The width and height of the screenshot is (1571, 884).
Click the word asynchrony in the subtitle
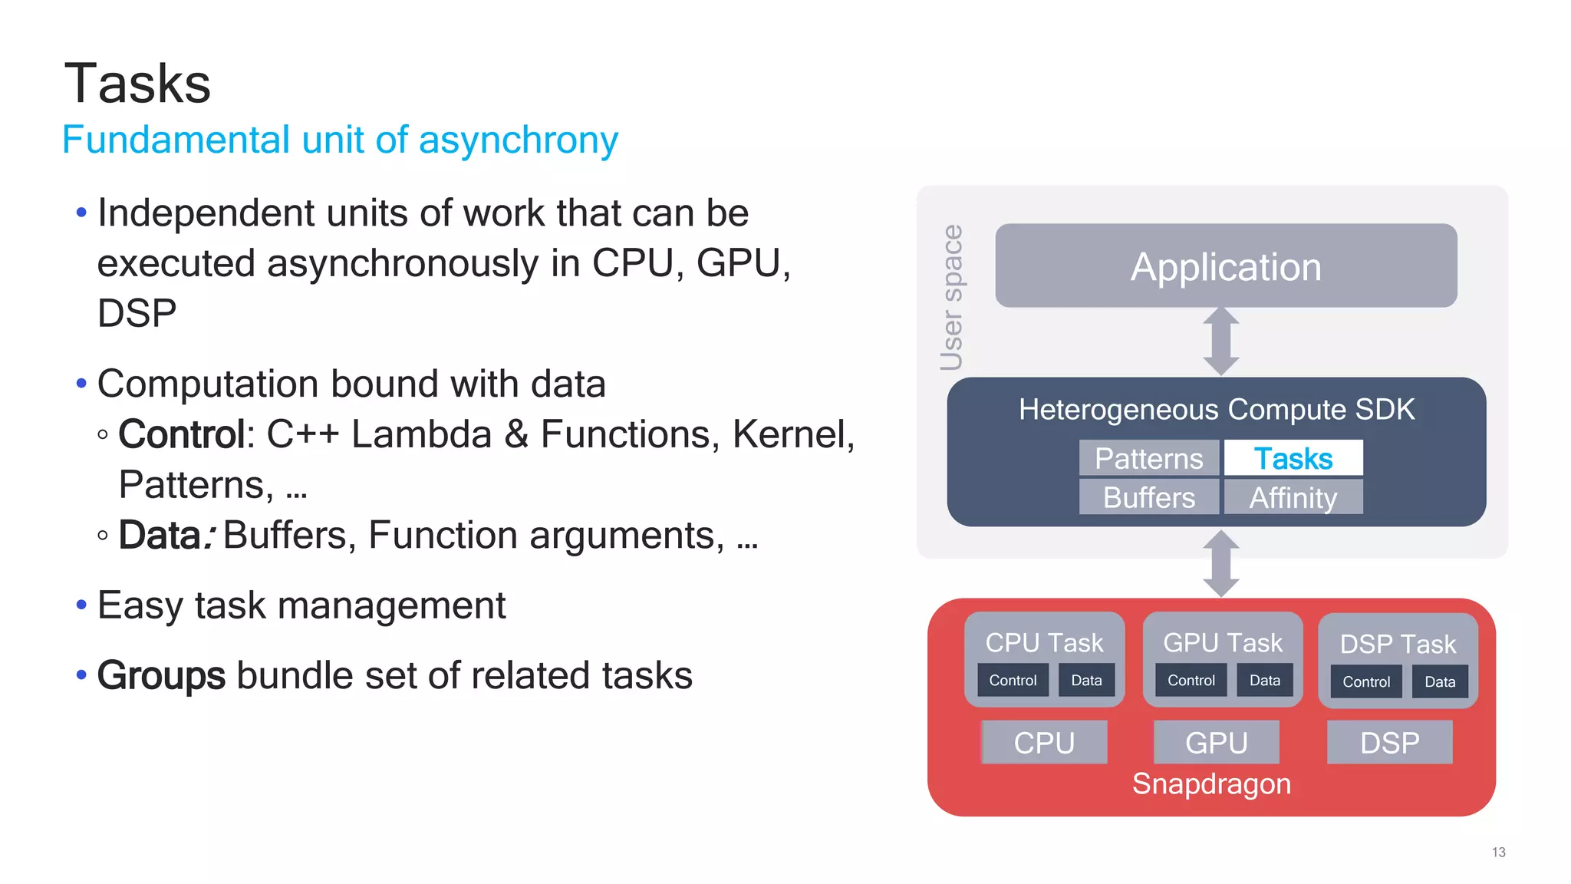pos(518,140)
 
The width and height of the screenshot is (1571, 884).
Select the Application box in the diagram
pos(1225,266)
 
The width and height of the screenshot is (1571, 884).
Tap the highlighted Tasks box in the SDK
pos(1293,458)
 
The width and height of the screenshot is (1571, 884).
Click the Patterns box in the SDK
pos(1148,458)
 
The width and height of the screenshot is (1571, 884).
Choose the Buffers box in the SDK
pos(1148,497)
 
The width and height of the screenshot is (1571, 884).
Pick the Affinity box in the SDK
pos(1293,497)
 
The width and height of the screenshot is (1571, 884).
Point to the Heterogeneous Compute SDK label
pos(1216,410)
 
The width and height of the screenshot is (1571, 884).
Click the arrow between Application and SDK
pos(1220,341)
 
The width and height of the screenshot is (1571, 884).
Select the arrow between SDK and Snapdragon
pos(1220,563)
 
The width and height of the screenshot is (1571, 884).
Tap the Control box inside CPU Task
pos(1013,681)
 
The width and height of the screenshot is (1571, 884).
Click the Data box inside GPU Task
pos(1264,681)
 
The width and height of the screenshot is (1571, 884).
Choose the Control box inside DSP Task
pos(1365,682)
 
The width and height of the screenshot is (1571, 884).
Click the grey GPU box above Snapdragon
pos(1216,742)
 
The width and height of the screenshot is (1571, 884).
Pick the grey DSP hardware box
pos(1389,742)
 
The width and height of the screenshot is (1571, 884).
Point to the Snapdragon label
pos(1211,784)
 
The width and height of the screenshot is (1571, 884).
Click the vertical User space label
pos(951,298)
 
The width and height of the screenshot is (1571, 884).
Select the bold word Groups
pos(161,676)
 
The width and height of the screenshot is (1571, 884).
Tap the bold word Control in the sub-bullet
pos(182,435)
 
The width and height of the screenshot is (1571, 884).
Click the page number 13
pos(1498,853)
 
